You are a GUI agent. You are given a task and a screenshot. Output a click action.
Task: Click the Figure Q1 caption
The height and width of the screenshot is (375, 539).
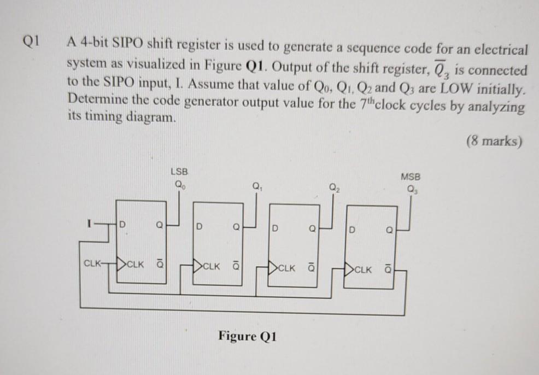(248, 335)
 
